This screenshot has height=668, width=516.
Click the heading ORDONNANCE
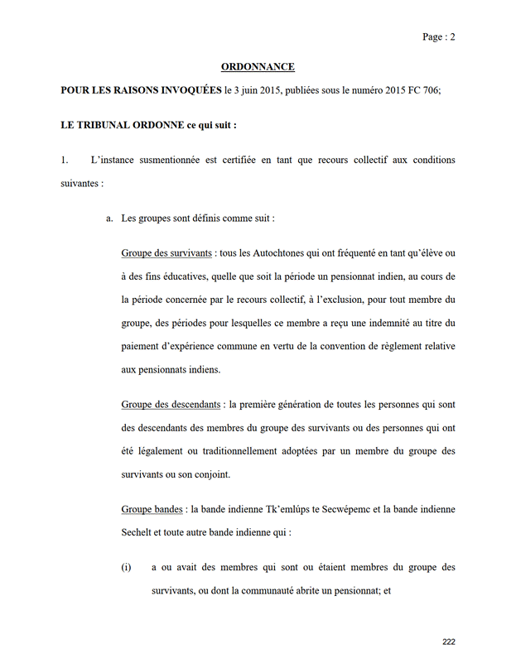point(258,66)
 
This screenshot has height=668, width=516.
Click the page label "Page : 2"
point(439,36)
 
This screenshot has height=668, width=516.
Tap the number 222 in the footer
point(449,642)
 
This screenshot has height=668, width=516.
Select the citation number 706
point(431,92)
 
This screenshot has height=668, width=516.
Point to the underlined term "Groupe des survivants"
point(166,252)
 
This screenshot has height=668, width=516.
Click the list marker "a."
point(109,219)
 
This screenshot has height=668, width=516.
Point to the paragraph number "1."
point(65,160)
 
